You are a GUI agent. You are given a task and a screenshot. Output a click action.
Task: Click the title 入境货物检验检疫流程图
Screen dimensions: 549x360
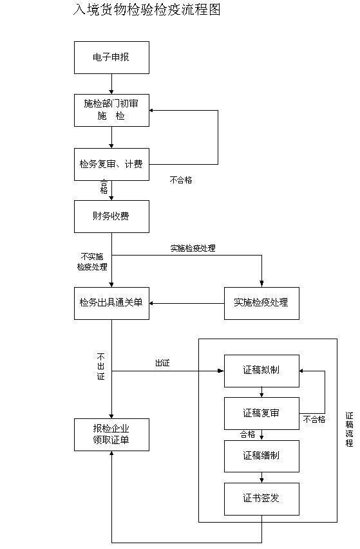[x=147, y=10]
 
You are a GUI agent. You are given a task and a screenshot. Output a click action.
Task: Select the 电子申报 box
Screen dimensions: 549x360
[x=111, y=57]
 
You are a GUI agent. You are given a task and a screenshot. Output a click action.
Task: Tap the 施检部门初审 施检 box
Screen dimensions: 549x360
[x=111, y=110]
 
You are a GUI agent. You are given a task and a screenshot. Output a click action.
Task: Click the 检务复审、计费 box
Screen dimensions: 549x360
[x=111, y=164]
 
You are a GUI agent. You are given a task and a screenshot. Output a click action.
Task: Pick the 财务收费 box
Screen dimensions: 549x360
[x=111, y=216]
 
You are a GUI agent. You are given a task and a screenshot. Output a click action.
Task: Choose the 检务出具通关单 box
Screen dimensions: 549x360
[x=111, y=302]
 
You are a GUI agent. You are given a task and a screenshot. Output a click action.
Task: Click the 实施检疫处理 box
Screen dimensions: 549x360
[x=261, y=302]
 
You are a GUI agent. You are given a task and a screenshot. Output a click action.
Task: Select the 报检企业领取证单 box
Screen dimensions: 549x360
[x=111, y=434]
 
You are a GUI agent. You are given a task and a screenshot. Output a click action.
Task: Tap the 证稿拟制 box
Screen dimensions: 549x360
[x=261, y=371]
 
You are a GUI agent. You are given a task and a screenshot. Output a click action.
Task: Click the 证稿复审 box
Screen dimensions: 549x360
[x=261, y=413]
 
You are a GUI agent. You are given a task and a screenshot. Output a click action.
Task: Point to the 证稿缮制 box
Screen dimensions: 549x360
[x=261, y=456]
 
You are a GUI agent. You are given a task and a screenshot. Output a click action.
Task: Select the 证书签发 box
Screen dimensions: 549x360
[x=261, y=499]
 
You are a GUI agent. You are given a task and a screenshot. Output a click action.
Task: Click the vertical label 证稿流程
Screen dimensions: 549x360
[x=349, y=429]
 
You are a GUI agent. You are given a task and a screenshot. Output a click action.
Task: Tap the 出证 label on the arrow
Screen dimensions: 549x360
[x=162, y=363]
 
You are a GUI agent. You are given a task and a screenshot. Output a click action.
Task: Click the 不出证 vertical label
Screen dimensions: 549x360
[x=100, y=366]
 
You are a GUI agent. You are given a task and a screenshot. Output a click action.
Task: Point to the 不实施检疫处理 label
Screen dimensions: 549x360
[x=92, y=261]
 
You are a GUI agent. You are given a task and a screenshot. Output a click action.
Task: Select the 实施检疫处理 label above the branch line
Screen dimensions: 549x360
[x=193, y=248]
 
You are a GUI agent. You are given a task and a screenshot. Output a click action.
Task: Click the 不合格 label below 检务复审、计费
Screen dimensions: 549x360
[x=181, y=180]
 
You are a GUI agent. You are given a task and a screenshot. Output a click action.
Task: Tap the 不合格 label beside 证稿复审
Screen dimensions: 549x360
[x=314, y=419]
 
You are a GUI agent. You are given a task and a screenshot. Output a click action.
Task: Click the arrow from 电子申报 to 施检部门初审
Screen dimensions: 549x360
[x=111, y=84]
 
